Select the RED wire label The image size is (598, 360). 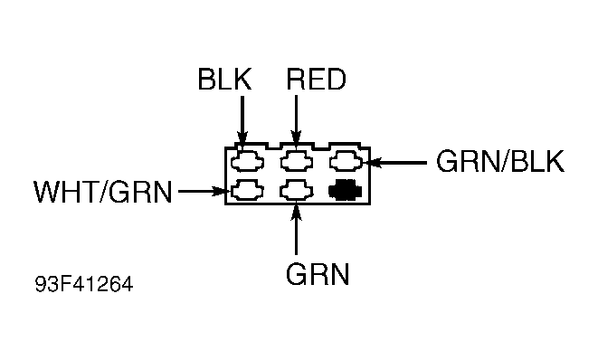(315, 80)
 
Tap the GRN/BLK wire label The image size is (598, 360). (499, 162)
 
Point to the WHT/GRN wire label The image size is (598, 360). (102, 192)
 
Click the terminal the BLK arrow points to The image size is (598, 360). (246, 163)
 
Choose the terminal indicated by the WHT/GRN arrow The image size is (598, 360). (246, 191)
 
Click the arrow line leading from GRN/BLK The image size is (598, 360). (398, 163)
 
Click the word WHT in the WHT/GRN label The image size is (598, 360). (64, 192)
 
